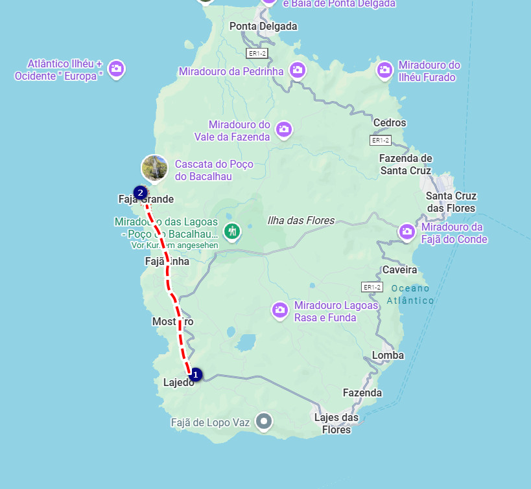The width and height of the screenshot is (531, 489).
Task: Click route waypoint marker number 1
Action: click(196, 374)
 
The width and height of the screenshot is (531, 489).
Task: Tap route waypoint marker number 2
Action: click(139, 192)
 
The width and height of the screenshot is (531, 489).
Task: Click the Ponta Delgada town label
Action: click(263, 27)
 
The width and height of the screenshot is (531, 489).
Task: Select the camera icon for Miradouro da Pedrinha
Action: click(298, 70)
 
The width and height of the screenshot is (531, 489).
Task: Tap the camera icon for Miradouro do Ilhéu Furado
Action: click(384, 69)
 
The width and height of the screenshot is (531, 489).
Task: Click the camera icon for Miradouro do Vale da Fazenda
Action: click(283, 130)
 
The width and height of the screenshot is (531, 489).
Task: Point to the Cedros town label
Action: click(390, 122)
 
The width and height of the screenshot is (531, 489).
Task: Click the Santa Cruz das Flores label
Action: click(451, 202)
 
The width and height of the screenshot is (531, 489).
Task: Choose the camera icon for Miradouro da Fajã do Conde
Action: click(407, 231)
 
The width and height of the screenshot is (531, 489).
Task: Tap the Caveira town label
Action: click(400, 269)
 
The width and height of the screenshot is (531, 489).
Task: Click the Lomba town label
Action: click(388, 355)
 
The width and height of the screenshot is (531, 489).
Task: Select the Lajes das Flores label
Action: click(336, 424)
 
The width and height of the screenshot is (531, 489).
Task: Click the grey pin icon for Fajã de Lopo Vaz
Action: click(264, 422)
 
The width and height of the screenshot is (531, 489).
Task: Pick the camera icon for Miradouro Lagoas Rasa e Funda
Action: click(280, 310)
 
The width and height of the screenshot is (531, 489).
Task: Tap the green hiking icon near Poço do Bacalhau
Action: click(231, 231)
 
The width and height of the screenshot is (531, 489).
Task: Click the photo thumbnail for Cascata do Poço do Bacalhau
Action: click(154, 168)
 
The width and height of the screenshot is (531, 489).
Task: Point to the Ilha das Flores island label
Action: click(301, 221)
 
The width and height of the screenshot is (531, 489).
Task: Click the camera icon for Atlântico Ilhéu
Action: click(117, 69)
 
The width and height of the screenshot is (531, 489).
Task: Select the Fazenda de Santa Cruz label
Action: click(405, 165)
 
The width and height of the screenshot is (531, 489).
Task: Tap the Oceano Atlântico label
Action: click(410, 294)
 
